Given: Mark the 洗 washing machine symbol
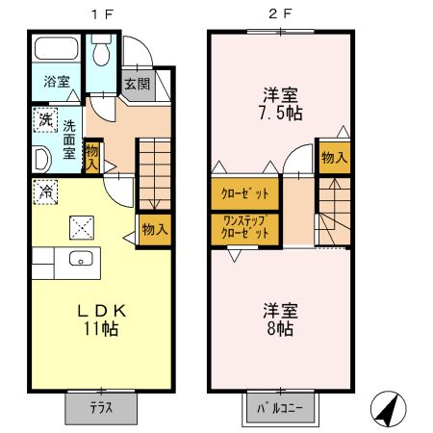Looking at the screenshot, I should point(45,121).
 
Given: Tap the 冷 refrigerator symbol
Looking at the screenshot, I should point(43,191).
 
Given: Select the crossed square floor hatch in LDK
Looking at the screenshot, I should point(82,228).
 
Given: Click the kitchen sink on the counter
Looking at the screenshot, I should point(81,258).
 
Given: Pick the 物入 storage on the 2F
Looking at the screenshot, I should point(333,158).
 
